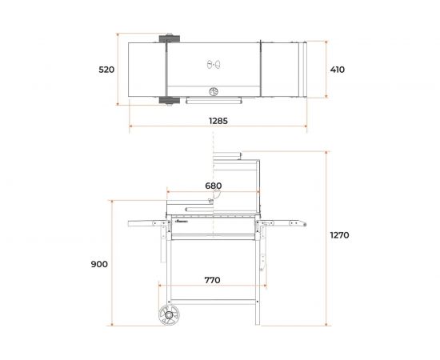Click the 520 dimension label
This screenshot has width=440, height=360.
[106, 70]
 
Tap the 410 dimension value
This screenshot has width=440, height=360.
[338, 70]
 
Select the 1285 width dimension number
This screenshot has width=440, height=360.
[218, 121]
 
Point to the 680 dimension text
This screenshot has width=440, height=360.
[214, 186]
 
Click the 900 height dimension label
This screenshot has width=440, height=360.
[99, 264]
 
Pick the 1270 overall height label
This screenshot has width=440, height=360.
[339, 235]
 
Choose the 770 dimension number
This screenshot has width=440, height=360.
[212, 280]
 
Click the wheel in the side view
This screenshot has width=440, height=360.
[170, 315]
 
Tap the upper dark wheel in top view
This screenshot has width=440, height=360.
[170, 38]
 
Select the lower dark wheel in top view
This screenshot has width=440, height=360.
[170, 101]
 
